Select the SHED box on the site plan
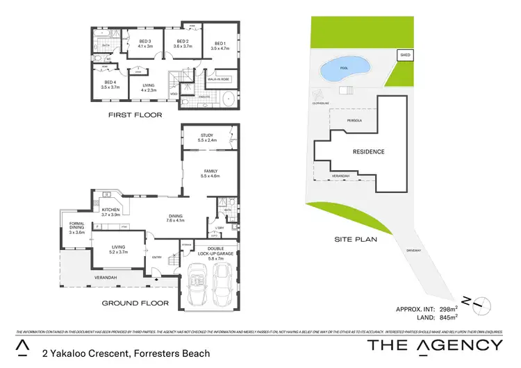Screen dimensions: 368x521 click(404, 54)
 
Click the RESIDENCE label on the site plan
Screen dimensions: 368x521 click(368, 151)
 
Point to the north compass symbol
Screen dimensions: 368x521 click(479, 303)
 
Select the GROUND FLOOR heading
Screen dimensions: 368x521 click(135, 303)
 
